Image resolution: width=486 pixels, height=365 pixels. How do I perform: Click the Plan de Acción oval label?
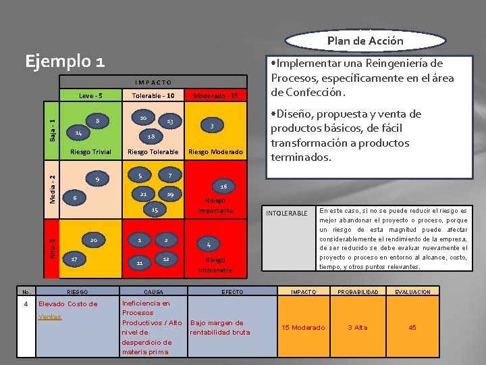point(365,41)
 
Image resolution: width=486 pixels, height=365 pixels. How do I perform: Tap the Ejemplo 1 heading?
point(65,62)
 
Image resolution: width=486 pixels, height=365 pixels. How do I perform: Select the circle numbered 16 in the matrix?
point(223,185)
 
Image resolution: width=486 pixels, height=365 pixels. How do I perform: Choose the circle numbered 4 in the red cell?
point(209,244)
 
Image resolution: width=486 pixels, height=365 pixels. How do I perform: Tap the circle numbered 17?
point(74,259)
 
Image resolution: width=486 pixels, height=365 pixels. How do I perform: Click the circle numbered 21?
point(143,194)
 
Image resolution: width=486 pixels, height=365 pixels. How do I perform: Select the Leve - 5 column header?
point(90,96)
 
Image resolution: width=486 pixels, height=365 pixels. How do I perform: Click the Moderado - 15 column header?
point(215,96)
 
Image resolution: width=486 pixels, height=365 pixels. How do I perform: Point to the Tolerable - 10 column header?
point(153,96)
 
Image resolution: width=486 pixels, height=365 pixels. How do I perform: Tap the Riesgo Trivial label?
point(90,151)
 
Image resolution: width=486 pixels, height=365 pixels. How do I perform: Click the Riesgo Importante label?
point(215,205)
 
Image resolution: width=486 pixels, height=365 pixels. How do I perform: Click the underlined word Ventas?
point(49,316)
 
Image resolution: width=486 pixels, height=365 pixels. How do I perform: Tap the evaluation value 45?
point(413,328)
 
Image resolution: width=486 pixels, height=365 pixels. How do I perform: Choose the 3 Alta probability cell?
point(357,328)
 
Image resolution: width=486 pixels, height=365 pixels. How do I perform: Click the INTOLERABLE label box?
point(287,214)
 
